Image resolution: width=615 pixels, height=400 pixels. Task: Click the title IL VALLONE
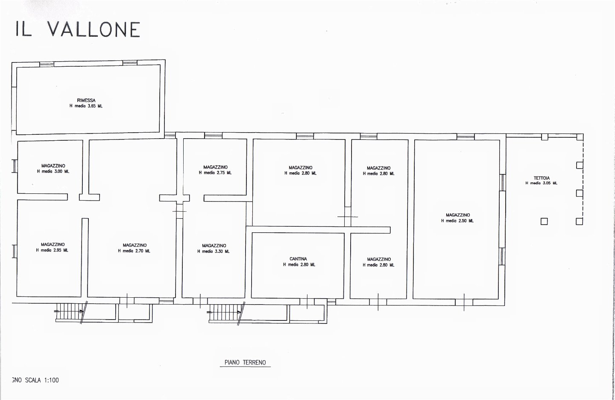78,29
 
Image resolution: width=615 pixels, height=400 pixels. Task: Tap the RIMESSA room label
86,101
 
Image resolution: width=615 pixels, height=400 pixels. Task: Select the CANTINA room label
298,259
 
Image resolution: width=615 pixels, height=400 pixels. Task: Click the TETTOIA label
542,178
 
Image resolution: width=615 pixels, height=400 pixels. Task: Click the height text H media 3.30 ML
214,251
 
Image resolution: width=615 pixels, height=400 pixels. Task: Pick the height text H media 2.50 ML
457,221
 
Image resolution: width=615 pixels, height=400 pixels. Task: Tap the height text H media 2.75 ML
215,173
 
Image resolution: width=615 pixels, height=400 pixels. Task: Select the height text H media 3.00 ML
53,172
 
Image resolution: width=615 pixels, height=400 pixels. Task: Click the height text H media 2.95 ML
52,250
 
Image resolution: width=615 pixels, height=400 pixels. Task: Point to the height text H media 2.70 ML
134,251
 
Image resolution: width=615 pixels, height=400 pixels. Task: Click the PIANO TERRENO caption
245,363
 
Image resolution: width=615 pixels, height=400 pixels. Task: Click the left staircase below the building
70,311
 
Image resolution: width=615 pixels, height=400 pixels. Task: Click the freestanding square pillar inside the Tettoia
544,222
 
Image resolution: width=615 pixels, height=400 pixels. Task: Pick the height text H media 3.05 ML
542,183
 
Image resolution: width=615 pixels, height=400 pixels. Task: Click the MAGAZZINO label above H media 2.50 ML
458,215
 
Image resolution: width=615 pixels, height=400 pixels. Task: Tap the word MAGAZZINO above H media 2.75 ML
215,167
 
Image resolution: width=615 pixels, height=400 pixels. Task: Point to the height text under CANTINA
299,265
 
